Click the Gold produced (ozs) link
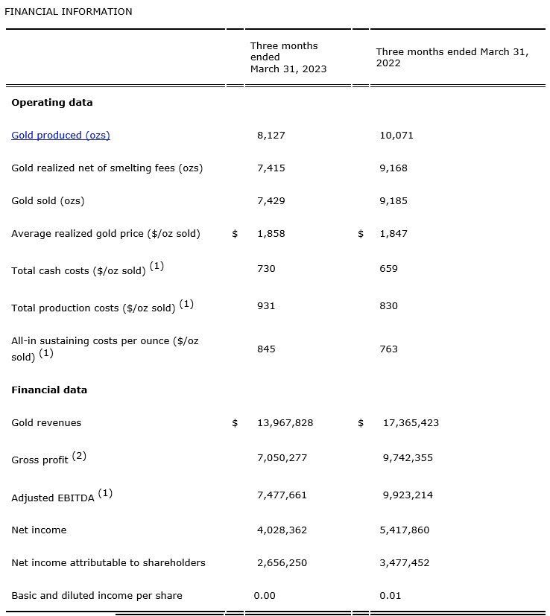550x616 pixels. pyautogui.click(x=60, y=135)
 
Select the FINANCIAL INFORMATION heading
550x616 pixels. pyautogui.click(x=69, y=11)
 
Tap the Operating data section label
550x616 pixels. pyautogui.click(x=52, y=102)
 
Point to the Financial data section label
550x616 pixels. pyautogui.click(x=49, y=390)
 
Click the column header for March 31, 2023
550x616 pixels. pyautogui.click(x=288, y=57)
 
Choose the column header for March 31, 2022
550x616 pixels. pyautogui.click(x=452, y=57)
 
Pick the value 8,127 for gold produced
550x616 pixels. pyautogui.click(x=271, y=135)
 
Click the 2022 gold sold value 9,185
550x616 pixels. pyautogui.click(x=393, y=200)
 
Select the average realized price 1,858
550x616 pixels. pyautogui.click(x=271, y=233)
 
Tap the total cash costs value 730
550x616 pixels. pyautogui.click(x=266, y=268)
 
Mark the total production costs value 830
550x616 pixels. pyautogui.click(x=388, y=305)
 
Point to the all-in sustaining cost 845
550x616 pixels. pyautogui.click(x=266, y=349)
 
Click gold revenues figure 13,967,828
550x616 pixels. pyautogui.click(x=285, y=422)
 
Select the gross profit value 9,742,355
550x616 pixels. pyautogui.click(x=408, y=457)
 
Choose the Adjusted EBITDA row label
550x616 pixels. pyautogui.click(x=53, y=498)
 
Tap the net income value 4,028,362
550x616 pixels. pyautogui.click(x=282, y=530)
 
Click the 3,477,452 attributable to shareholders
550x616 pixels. pyautogui.click(x=405, y=562)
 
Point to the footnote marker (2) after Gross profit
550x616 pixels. pyautogui.click(x=79, y=456)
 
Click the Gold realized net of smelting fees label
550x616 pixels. pyautogui.click(x=107, y=168)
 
